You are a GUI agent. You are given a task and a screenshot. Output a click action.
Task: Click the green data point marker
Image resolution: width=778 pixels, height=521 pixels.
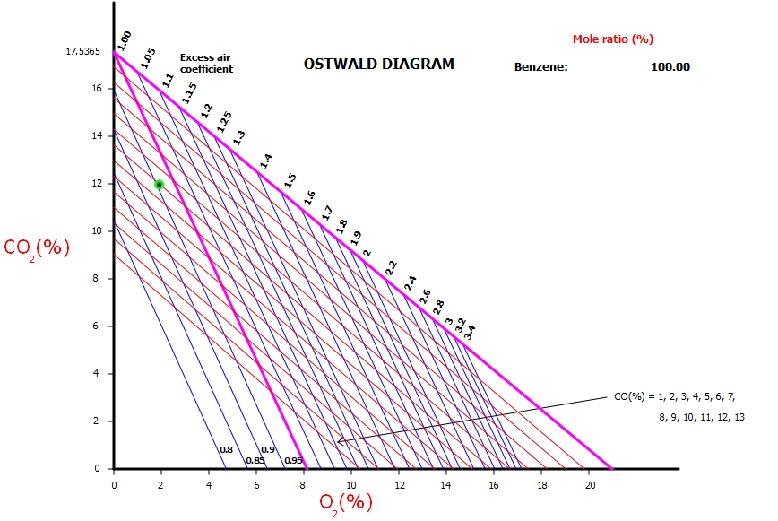pyautogui.click(x=159, y=184)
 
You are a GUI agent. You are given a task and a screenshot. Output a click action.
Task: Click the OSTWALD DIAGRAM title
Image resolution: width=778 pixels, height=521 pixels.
pyautogui.click(x=378, y=64)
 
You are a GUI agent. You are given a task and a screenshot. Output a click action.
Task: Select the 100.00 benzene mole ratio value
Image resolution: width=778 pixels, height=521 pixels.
pyautogui.click(x=670, y=66)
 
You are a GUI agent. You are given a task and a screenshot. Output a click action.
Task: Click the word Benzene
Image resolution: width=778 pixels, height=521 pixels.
pyautogui.click(x=541, y=66)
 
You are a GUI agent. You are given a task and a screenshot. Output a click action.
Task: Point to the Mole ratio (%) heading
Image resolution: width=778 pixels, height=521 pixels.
pyautogui.click(x=613, y=39)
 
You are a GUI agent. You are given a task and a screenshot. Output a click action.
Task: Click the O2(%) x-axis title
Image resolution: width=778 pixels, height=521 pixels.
pyautogui.click(x=346, y=501)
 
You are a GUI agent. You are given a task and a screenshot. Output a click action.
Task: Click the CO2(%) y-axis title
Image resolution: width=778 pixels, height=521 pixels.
pyautogui.click(x=37, y=247)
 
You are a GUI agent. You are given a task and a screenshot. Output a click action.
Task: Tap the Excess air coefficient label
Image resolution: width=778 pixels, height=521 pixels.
pyautogui.click(x=206, y=63)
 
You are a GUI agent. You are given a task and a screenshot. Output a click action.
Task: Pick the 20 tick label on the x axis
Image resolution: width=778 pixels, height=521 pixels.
pyautogui.click(x=590, y=484)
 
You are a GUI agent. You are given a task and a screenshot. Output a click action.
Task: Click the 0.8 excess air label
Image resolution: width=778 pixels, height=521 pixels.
pyautogui.click(x=227, y=450)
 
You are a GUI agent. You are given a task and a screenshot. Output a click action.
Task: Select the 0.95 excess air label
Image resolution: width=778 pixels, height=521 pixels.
pyautogui.click(x=293, y=461)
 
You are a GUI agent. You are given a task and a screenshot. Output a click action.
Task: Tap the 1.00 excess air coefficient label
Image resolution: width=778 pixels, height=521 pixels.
pyautogui.click(x=125, y=39)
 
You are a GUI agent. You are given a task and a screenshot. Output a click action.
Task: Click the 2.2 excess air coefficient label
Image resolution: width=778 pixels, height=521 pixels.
pyautogui.click(x=391, y=267)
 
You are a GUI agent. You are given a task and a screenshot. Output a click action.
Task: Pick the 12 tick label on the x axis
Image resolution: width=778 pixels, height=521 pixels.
pyautogui.click(x=400, y=484)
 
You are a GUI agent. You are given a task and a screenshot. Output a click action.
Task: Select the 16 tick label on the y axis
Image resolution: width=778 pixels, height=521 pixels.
pyautogui.click(x=97, y=88)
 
